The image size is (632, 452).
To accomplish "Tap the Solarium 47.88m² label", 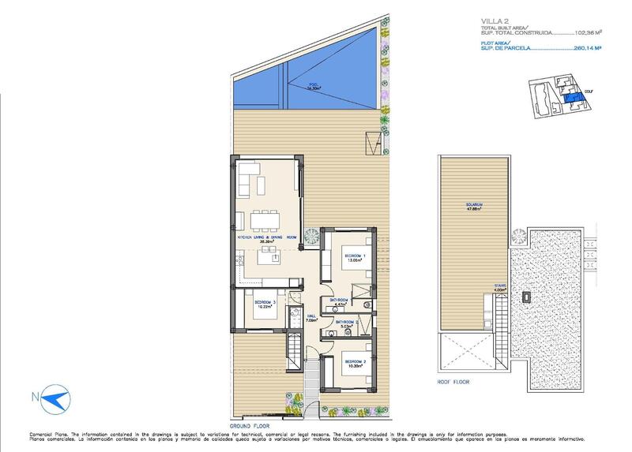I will point(474,207).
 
